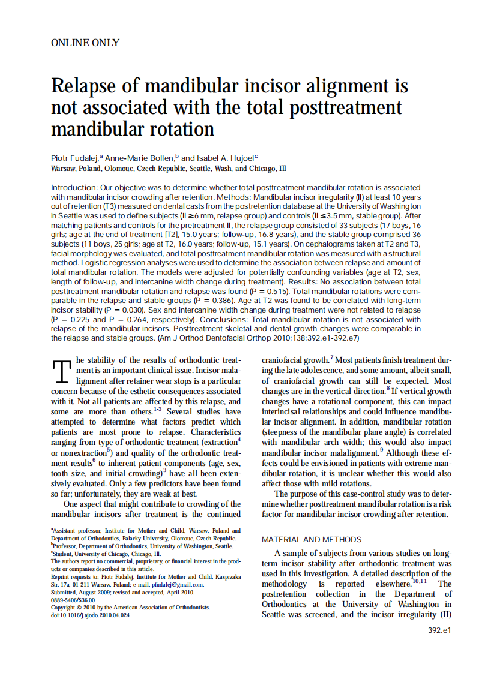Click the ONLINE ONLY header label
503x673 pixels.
85,43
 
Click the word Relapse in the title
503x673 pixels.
88,86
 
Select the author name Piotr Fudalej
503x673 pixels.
75,157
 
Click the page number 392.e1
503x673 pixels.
439,630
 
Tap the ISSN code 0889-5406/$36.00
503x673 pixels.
73,599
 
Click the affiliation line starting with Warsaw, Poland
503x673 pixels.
168,169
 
